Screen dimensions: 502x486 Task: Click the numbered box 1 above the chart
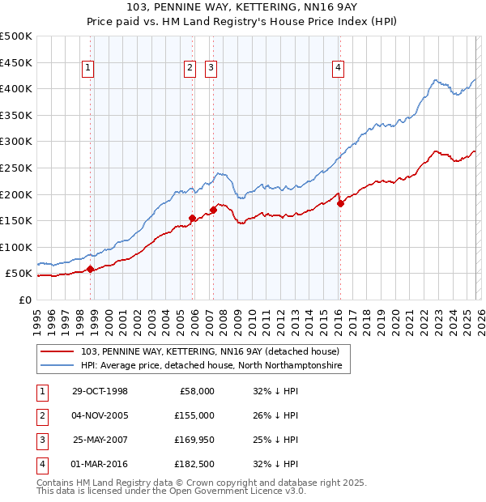pos(87,69)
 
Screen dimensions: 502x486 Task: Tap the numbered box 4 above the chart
pos(338,69)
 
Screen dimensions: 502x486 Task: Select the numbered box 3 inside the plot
pos(211,69)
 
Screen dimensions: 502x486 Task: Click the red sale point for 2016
pos(340,204)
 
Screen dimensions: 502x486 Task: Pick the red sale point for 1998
pos(90,270)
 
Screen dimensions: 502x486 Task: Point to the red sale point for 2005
pos(192,218)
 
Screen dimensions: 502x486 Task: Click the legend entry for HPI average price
pos(211,366)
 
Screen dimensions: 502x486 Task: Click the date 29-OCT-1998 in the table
pos(100,391)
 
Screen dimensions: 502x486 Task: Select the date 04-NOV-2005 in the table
pos(100,415)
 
